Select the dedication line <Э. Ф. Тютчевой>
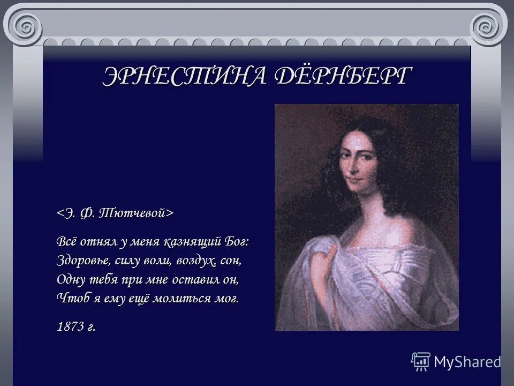pyautogui.click(x=116, y=213)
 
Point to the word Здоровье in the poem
pyautogui.click(x=81, y=261)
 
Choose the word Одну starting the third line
pyautogui.click(x=70, y=280)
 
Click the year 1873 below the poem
pyautogui.click(x=70, y=326)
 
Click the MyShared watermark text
pyautogui.click(x=467, y=362)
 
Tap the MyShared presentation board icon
pyautogui.click(x=421, y=361)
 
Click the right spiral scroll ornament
pyautogui.click(x=488, y=24)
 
